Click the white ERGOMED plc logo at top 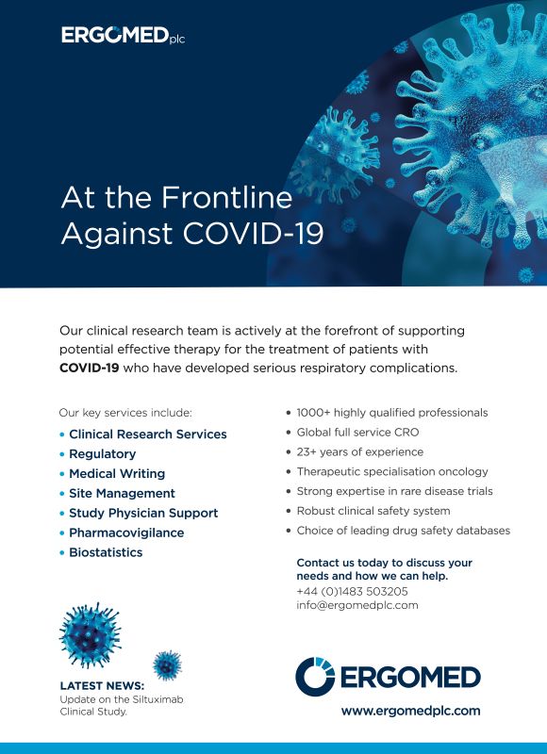pos(123,35)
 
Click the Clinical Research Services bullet pos(147,434)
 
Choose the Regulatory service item pos(102,454)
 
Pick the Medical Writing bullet pos(116,474)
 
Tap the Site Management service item pos(122,494)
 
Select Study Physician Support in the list pos(143,514)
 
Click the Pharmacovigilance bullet pos(126,533)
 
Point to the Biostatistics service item pos(106,553)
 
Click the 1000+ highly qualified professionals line pos(391,413)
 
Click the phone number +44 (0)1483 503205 pos(352,591)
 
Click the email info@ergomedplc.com pos(357,605)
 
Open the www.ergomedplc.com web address pos(410,712)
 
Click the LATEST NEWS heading pos(102,685)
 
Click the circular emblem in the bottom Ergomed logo pos(314,676)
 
